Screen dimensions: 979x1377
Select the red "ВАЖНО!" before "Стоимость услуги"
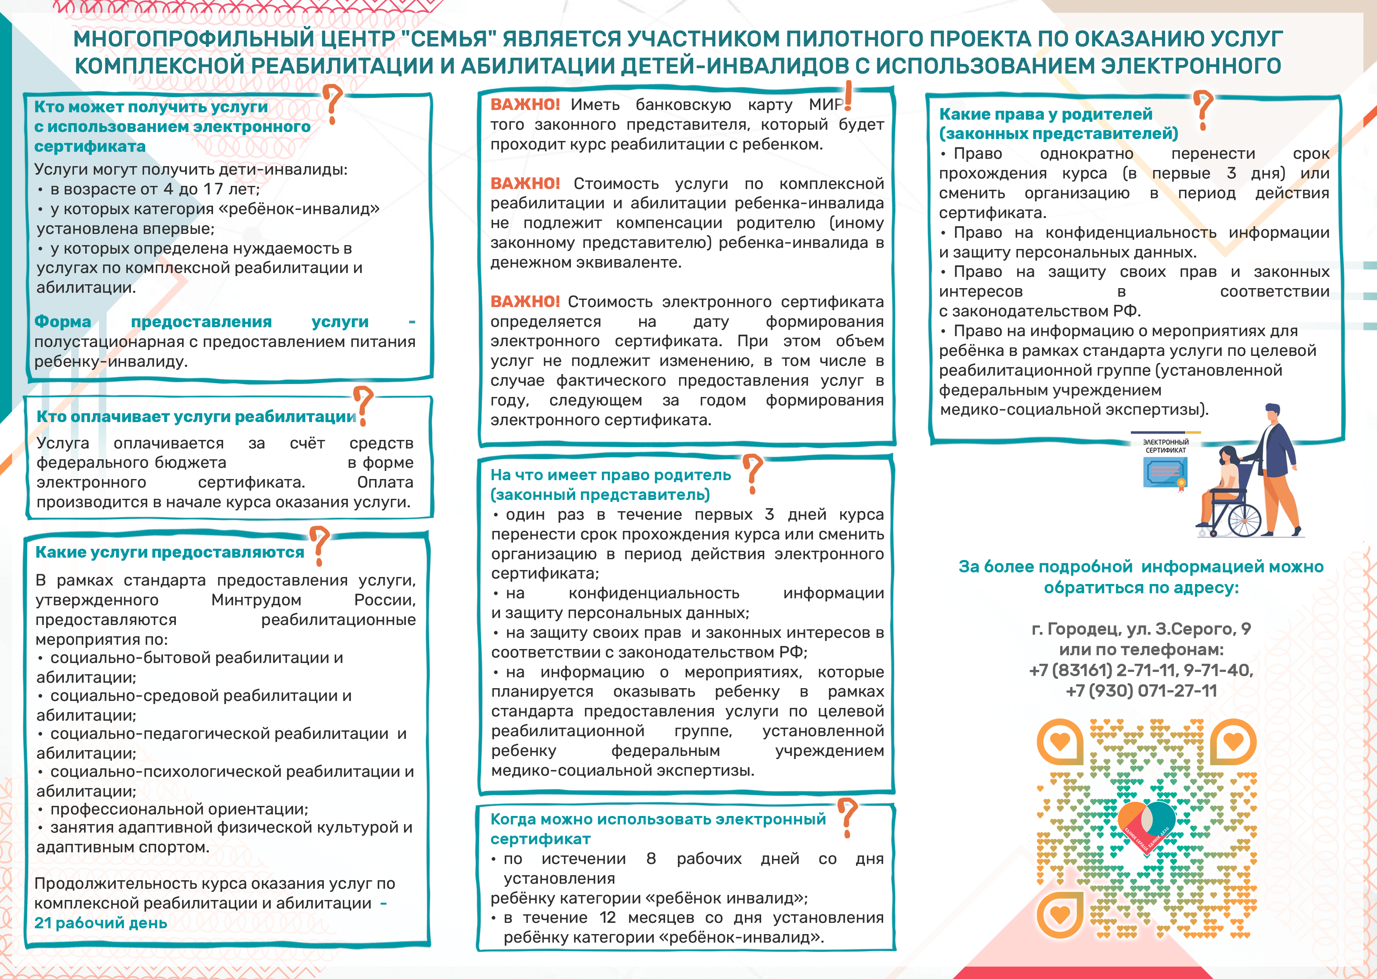click(524, 183)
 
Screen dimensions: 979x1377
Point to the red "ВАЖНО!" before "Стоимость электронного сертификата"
click(524, 301)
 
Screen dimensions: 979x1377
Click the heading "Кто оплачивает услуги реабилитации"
click(196, 417)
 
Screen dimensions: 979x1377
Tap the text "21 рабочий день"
click(101, 923)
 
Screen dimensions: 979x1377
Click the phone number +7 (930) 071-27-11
click(1141, 691)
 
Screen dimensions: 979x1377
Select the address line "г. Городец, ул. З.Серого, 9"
click(1141, 629)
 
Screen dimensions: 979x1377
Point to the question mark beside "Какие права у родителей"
click(1203, 110)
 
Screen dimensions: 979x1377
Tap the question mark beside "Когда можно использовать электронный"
click(848, 817)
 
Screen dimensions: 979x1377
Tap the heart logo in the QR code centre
click(1146, 823)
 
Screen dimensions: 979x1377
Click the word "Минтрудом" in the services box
click(256, 600)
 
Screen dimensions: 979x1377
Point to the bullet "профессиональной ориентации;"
click(179, 809)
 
